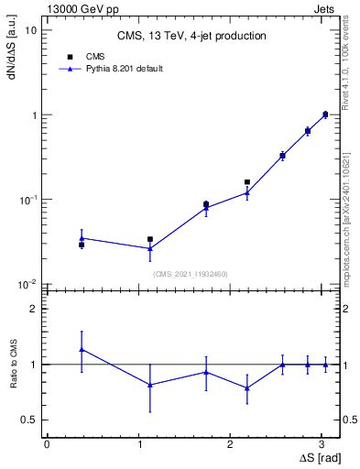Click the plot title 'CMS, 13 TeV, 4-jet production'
(x=191, y=37)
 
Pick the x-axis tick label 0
(x=47, y=442)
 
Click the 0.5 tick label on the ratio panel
(x=28, y=420)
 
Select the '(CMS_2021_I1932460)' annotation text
(x=191, y=274)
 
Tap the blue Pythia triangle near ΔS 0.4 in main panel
(x=82, y=238)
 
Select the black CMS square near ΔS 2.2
(x=247, y=182)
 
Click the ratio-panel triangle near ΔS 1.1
(x=150, y=385)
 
